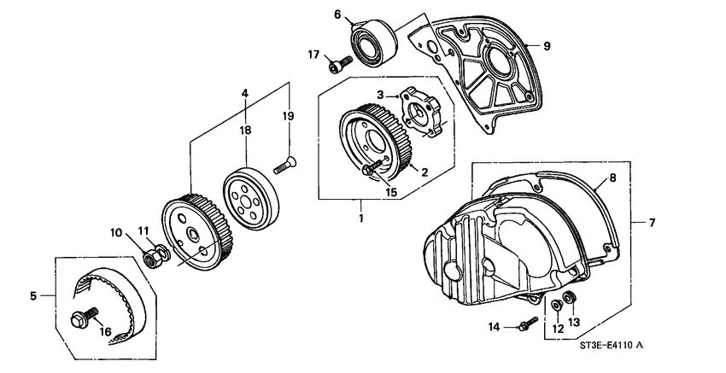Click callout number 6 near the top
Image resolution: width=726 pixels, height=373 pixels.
click(x=337, y=15)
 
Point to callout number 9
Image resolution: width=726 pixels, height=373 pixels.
click(x=547, y=45)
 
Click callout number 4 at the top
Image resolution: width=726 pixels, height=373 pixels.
click(x=244, y=92)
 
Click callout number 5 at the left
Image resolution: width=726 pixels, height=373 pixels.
click(x=35, y=296)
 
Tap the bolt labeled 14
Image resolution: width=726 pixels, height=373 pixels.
click(x=526, y=323)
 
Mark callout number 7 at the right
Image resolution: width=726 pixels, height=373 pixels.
click(x=652, y=223)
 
